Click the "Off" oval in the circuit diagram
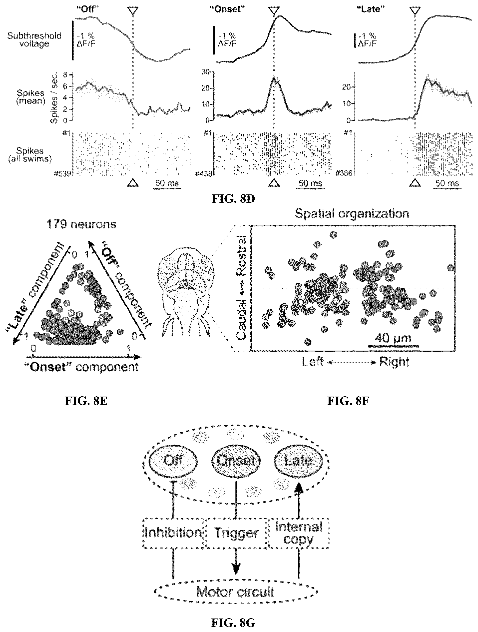point(173,461)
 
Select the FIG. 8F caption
point(348,401)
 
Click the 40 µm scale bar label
point(393,338)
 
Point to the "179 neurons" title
point(81,224)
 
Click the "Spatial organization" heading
point(352,214)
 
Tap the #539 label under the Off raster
point(62,173)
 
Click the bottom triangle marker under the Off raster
point(133,183)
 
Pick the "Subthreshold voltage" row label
point(34,40)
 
